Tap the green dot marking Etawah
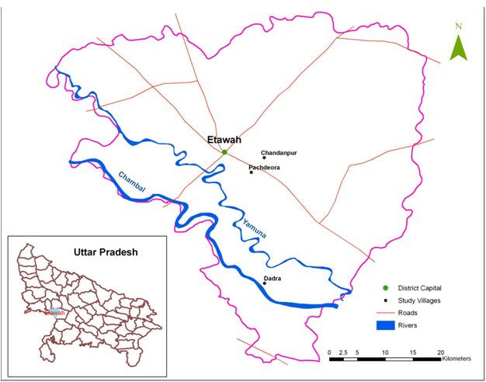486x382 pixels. [224, 152]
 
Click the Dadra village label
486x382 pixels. [273, 278]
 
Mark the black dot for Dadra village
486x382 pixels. [265, 283]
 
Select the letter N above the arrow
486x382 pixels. [459, 26]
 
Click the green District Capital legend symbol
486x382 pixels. [385, 289]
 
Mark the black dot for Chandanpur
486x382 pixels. [263, 158]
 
